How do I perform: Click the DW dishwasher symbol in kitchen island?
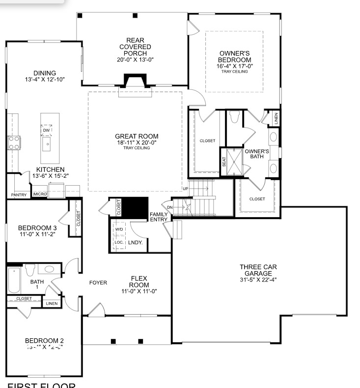click(x=47, y=130)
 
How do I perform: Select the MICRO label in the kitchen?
click(x=40, y=194)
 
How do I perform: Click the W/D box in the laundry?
click(x=119, y=229)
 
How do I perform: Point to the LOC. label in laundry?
click(x=119, y=243)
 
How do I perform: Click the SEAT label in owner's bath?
click(x=224, y=162)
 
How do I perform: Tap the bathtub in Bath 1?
click(x=14, y=281)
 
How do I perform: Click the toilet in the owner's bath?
click(x=234, y=117)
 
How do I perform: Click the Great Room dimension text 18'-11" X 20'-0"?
click(x=137, y=143)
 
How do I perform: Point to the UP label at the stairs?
click(x=185, y=189)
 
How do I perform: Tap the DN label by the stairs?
click(x=170, y=207)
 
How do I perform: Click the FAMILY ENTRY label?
click(x=159, y=217)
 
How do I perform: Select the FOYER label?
click(x=98, y=283)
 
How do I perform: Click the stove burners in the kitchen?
click(x=14, y=143)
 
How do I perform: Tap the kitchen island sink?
click(x=47, y=143)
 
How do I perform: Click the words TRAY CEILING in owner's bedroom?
click(x=234, y=71)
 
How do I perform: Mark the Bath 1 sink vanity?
click(x=49, y=270)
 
